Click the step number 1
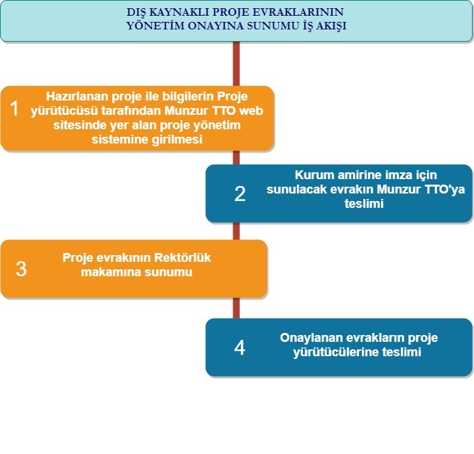point(15,109)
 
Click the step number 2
point(239,194)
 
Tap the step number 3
point(21,269)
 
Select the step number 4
point(239,348)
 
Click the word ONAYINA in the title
point(209,26)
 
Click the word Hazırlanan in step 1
point(74,96)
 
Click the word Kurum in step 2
point(312,174)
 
